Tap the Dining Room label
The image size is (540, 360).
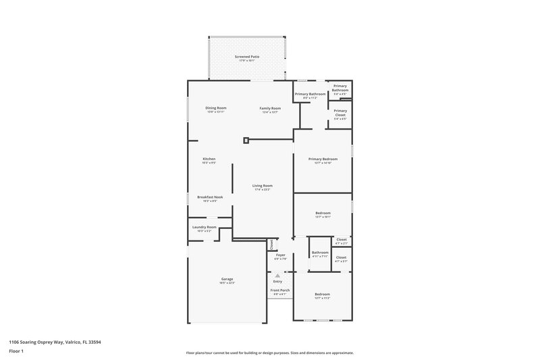[216, 108]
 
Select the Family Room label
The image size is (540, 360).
[271, 108]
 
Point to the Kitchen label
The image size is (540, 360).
[209, 159]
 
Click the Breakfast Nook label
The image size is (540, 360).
[210, 197]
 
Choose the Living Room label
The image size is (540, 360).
[263, 186]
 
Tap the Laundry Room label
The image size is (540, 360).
[204, 227]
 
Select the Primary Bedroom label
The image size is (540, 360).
[323, 159]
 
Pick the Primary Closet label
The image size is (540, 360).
[340, 113]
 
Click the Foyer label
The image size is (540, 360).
[280, 255]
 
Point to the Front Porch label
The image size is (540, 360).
[279, 291]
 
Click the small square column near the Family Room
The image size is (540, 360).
[246, 140]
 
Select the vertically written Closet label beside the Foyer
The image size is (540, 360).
[271, 244]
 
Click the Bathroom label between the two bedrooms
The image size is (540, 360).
[320, 253]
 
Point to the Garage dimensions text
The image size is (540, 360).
[226, 282]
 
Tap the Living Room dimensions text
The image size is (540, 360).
[263, 190]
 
